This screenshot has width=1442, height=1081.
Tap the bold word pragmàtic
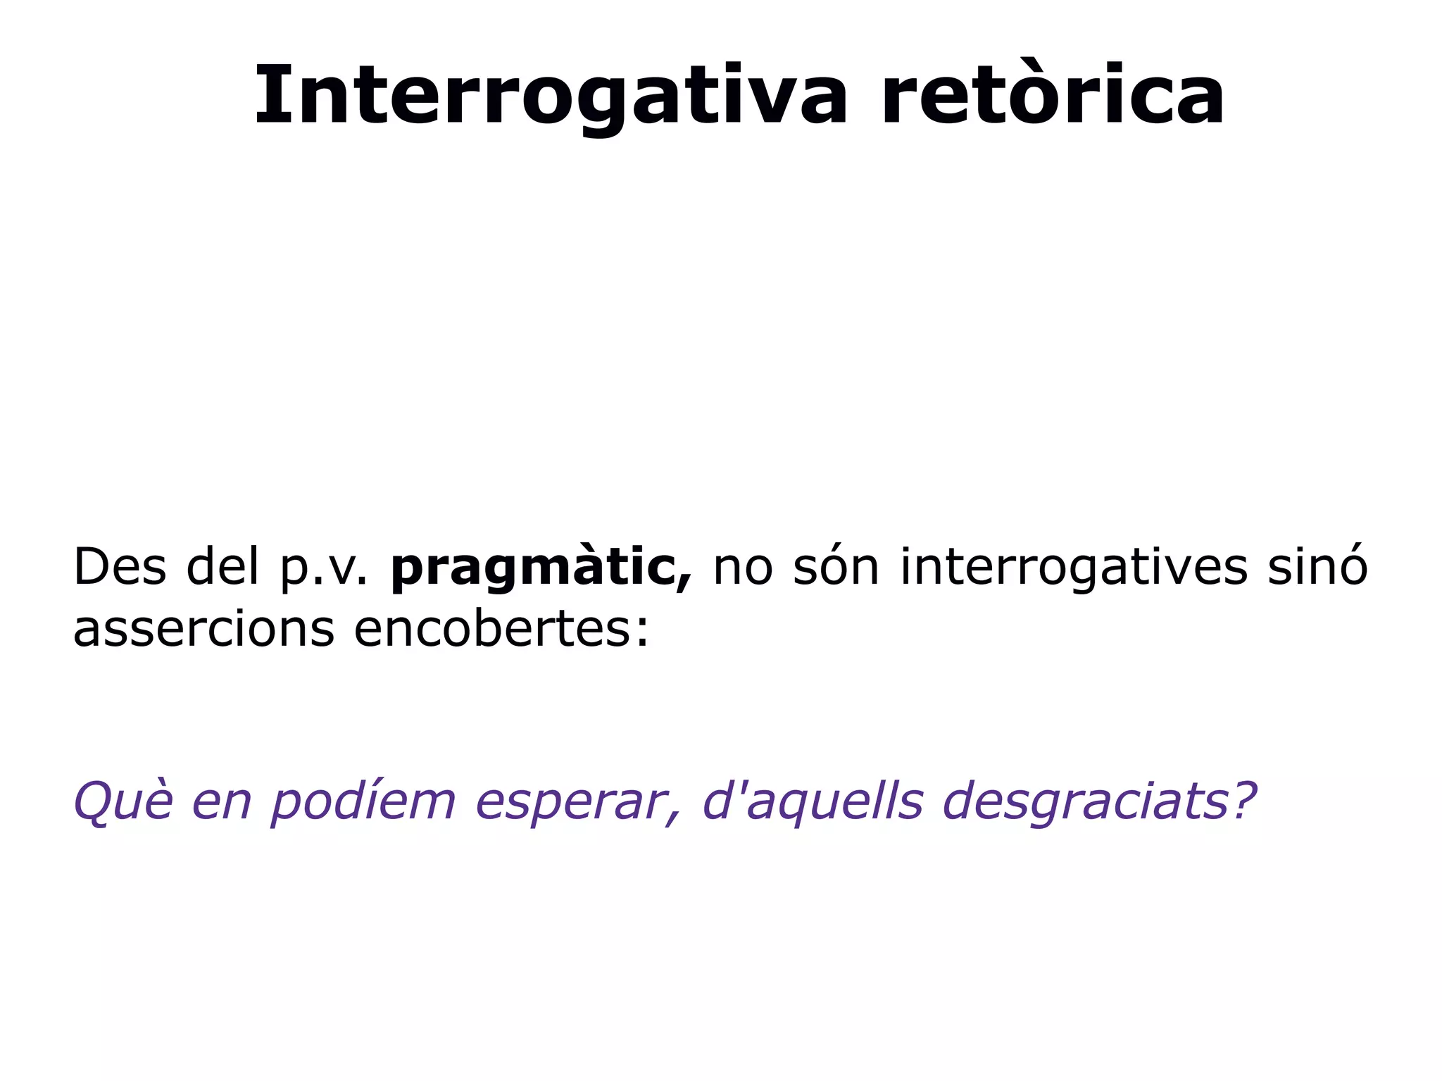tap(539, 568)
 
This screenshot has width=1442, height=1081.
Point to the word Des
tap(120, 567)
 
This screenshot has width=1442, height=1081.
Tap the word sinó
tap(1317, 567)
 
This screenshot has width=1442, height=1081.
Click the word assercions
tap(203, 629)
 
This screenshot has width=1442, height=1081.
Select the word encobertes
tap(493, 628)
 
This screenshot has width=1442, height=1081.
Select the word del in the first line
tap(223, 567)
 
